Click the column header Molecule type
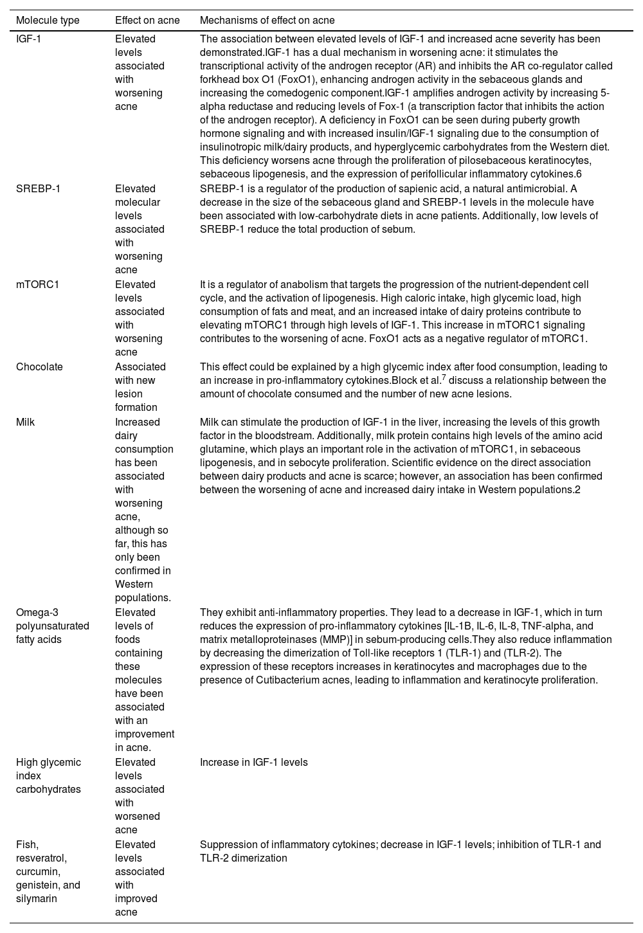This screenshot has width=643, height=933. tap(48, 20)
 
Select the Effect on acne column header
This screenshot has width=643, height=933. tap(147, 20)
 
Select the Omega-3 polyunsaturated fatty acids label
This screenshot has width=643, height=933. tap(52, 626)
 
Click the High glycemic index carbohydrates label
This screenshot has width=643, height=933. tap(48, 775)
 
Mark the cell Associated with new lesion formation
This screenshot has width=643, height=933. tap(140, 386)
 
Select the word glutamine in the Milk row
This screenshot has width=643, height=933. tap(221, 449)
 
